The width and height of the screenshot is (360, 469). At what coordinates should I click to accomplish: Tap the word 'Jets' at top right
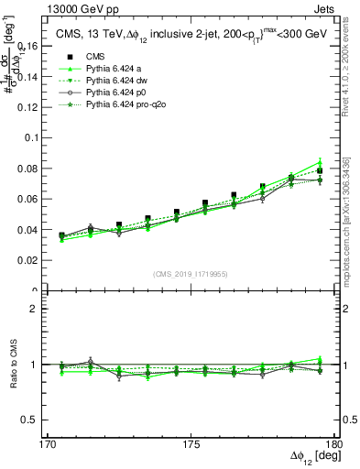tap(324, 8)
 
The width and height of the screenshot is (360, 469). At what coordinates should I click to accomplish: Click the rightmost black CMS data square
tap(320, 170)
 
